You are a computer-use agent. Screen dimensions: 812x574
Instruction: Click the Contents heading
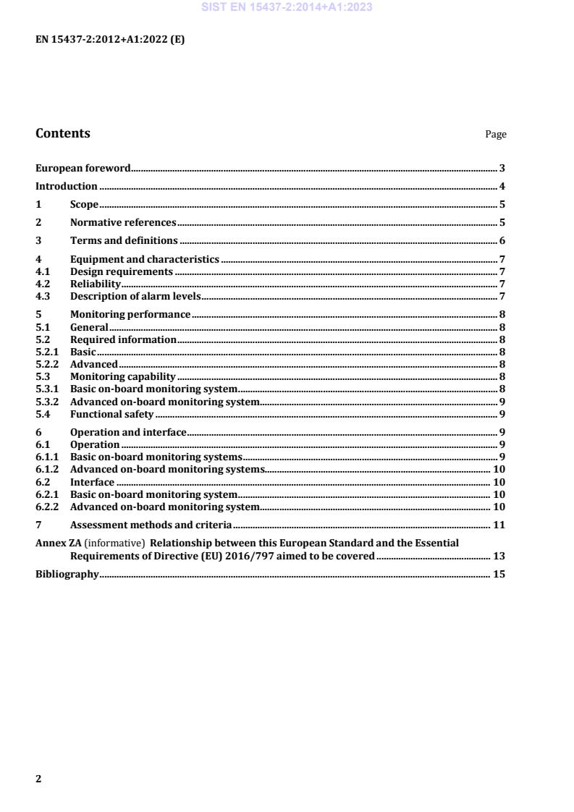(63, 133)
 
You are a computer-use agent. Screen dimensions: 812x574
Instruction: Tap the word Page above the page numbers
(496, 135)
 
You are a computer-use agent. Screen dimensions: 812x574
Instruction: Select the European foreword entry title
(83, 169)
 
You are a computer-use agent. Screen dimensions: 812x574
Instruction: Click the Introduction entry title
(67, 187)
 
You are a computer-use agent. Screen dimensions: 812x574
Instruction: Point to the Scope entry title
(84, 205)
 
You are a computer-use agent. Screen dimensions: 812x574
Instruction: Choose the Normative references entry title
(123, 223)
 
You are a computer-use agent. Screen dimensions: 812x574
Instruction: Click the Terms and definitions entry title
(124, 240)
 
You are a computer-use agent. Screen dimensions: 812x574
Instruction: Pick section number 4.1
(42, 272)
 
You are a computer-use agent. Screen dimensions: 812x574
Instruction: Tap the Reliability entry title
(95, 284)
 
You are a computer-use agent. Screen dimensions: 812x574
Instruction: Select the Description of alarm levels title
(135, 296)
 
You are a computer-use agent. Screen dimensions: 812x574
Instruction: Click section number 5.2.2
(46, 364)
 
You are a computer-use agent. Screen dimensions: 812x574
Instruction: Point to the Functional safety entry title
(111, 414)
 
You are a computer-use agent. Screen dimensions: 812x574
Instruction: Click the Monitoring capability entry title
(123, 376)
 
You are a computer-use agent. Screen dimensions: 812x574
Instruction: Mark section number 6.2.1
(46, 494)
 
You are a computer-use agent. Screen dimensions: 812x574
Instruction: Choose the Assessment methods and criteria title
(151, 525)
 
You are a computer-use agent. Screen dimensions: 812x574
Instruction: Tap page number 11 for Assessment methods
(499, 525)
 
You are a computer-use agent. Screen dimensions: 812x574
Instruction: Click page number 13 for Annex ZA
(499, 557)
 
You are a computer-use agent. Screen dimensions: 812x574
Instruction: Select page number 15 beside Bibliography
(499, 575)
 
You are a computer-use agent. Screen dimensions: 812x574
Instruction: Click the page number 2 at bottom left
(39, 779)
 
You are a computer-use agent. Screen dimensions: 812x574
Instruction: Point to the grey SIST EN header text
(287, 8)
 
